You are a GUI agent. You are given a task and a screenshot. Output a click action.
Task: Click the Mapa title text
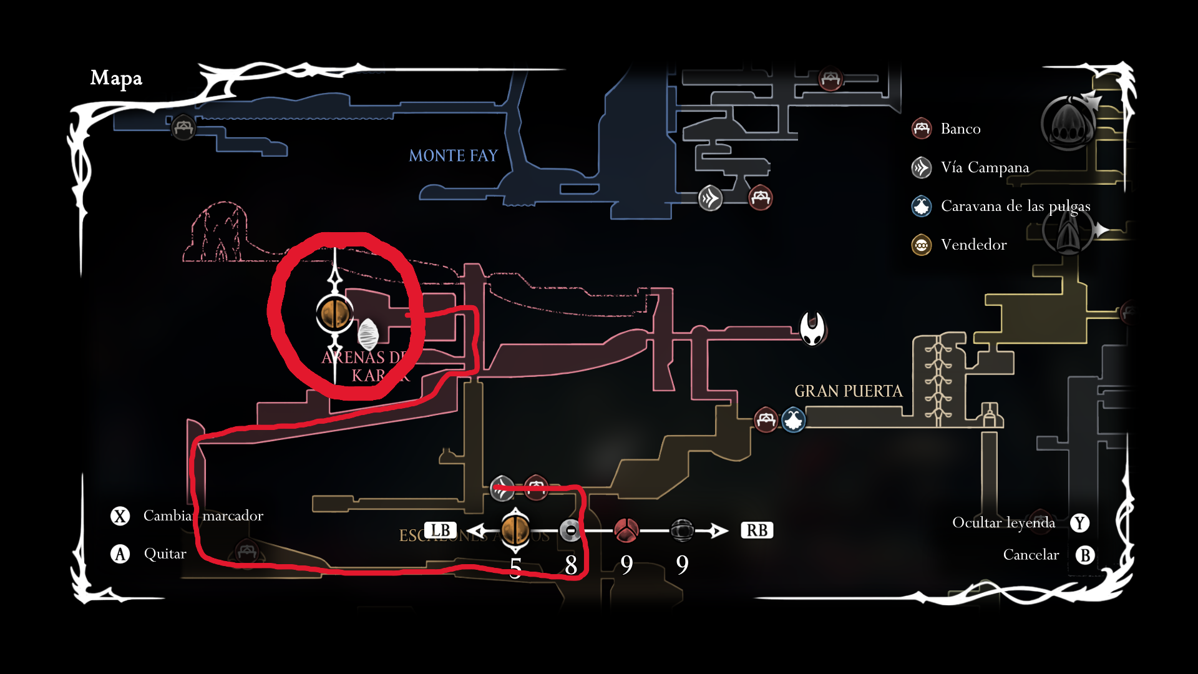(x=116, y=78)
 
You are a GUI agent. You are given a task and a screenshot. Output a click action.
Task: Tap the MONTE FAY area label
(x=453, y=155)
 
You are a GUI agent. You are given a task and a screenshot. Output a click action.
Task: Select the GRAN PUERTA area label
(x=848, y=391)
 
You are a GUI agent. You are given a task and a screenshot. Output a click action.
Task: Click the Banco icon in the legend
(x=922, y=129)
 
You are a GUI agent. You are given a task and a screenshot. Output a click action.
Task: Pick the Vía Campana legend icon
(x=922, y=167)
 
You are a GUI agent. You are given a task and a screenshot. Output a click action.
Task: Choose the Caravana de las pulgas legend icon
(x=922, y=206)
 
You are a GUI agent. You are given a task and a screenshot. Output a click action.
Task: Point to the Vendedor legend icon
(x=922, y=245)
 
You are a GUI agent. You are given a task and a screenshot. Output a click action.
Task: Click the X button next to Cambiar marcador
(x=120, y=516)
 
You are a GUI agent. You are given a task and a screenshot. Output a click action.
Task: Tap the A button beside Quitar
(x=120, y=554)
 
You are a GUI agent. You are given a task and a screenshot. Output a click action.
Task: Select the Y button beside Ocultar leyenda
(x=1080, y=523)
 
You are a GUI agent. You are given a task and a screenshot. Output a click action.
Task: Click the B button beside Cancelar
(x=1085, y=555)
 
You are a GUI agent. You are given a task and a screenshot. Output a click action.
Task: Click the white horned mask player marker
(x=812, y=328)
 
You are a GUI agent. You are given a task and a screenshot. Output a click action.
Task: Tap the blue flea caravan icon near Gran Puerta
(x=794, y=419)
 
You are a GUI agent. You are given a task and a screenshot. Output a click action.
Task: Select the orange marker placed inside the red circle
(x=335, y=313)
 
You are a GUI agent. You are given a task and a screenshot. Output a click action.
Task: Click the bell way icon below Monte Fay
(x=710, y=198)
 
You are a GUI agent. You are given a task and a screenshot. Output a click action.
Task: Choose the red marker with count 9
(x=626, y=530)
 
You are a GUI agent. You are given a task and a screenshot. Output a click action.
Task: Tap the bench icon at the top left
(x=183, y=127)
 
